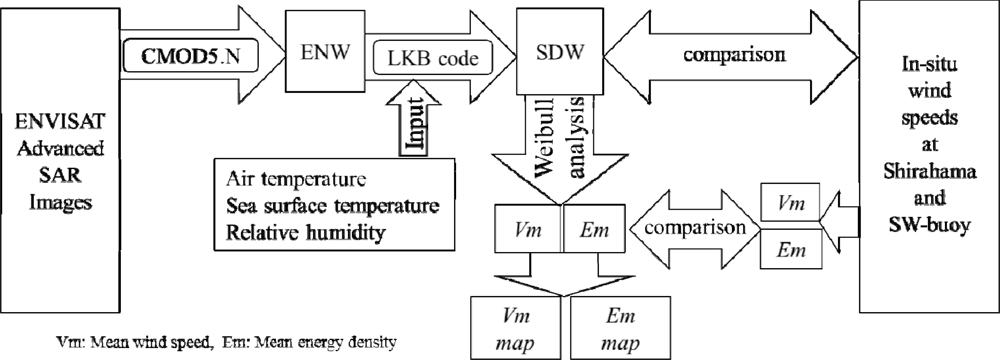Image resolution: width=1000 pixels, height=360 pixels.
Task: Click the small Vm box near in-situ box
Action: pos(788,201)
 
